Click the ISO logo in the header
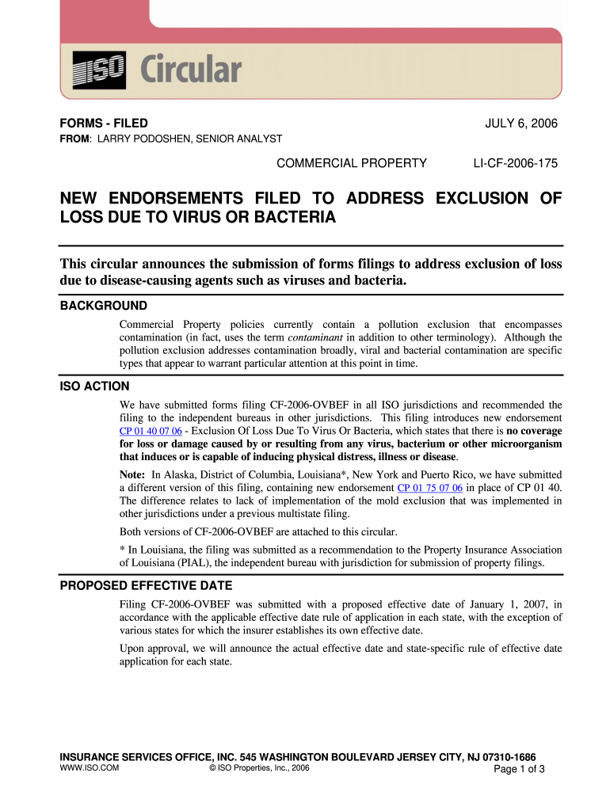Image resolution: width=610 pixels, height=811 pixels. click(98, 70)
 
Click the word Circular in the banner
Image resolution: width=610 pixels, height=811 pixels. click(191, 70)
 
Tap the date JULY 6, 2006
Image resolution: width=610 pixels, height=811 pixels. click(521, 124)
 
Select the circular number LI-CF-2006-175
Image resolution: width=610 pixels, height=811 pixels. click(515, 164)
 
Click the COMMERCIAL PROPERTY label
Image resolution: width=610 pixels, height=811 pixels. click(351, 164)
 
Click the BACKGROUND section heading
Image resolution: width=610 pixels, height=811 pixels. click(104, 306)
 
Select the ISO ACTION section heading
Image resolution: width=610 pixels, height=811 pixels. click(95, 386)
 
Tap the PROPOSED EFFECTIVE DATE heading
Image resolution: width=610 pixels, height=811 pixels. click(147, 586)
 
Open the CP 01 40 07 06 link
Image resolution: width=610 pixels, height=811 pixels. click(151, 431)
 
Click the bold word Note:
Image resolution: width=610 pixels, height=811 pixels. click(134, 474)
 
